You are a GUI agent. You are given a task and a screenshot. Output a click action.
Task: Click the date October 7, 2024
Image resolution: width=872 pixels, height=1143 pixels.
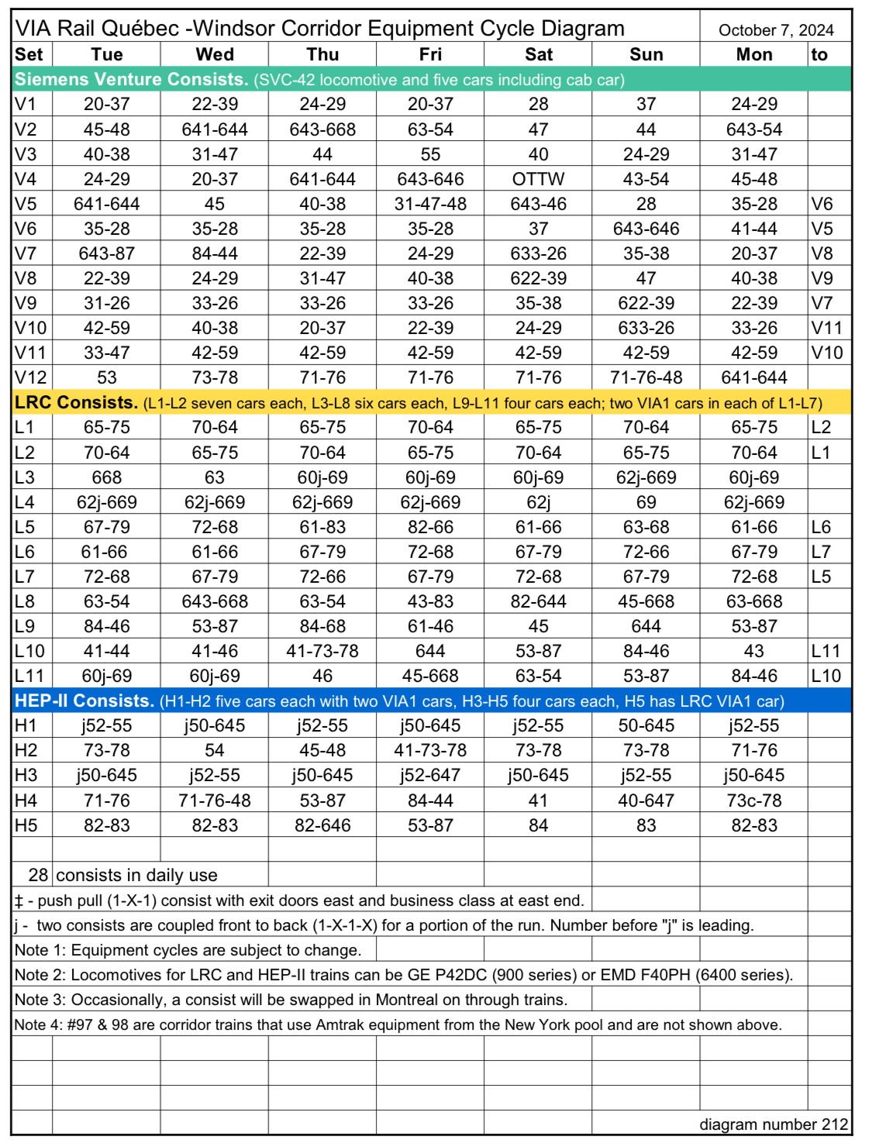[775, 30]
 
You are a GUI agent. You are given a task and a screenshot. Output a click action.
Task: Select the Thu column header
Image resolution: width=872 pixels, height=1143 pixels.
[322, 54]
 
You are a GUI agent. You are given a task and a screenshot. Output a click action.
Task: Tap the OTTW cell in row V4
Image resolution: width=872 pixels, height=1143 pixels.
[538, 179]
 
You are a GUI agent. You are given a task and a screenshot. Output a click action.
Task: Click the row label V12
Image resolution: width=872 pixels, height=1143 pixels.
[31, 377]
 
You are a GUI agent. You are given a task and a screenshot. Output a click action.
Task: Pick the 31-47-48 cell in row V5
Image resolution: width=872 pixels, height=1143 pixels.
[430, 204]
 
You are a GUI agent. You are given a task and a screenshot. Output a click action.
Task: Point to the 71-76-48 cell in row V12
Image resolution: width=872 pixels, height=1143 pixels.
[646, 377]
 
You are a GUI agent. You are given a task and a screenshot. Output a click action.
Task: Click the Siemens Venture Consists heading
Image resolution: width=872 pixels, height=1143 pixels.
[130, 79]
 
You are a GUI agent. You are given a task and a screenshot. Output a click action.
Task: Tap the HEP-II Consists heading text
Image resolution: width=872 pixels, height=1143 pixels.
[84, 701]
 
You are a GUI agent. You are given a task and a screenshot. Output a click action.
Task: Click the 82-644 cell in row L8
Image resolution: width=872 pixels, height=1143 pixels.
[538, 601]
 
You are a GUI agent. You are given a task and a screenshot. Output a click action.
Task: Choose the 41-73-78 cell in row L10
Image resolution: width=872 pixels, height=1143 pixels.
[322, 651]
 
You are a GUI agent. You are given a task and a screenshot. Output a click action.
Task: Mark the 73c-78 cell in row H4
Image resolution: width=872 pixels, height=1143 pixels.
[753, 800]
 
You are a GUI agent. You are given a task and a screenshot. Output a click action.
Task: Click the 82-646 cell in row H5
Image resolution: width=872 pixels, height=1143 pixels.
[322, 825]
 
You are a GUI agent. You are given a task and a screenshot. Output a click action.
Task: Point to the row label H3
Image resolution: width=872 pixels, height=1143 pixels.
[26, 775]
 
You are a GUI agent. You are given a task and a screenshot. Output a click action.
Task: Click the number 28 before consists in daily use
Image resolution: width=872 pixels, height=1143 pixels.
[38, 875]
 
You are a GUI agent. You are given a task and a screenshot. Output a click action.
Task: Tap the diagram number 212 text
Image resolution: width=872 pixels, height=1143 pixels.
[774, 1124]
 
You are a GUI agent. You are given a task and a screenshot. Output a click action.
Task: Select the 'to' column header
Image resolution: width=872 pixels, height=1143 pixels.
[819, 54]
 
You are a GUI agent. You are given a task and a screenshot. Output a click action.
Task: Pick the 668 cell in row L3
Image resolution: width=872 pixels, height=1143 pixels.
[107, 477]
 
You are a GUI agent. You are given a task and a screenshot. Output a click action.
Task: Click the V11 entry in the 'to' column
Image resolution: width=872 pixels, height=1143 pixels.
[826, 328]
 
